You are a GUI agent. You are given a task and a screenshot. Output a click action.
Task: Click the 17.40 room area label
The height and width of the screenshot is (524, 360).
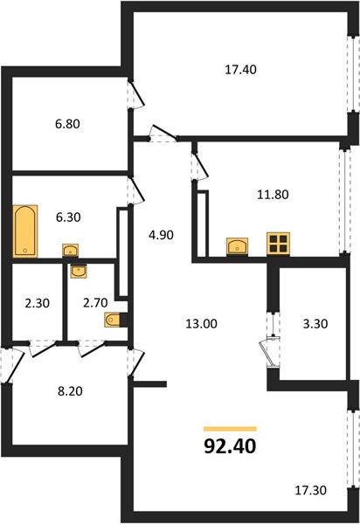pos(240,70)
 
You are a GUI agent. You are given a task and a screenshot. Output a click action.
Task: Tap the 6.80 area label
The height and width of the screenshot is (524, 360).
pos(67,124)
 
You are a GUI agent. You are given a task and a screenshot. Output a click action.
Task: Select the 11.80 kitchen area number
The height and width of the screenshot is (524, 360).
pos(273,194)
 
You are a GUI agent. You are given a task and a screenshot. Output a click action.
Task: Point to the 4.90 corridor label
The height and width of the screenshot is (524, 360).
pos(161,235)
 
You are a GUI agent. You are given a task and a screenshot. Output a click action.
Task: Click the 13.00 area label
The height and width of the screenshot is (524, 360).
pos(201,323)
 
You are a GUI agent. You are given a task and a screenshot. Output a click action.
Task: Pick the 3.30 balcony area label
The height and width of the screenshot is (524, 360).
pos(315,323)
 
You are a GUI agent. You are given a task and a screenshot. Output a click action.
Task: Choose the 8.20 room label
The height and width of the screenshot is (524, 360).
pos(70,390)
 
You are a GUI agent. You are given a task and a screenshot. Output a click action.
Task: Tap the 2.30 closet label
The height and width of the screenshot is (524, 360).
pos(37,303)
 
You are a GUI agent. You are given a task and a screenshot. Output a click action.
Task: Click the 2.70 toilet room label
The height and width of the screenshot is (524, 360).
pos(95,303)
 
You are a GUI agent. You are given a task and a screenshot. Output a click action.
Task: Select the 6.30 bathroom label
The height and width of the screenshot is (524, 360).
pos(68,217)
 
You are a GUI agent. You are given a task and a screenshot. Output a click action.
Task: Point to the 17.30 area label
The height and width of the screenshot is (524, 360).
pos(310,490)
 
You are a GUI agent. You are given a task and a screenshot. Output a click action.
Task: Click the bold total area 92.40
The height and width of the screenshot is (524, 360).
pos(230,445)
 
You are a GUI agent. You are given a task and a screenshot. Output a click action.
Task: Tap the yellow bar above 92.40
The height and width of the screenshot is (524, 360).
pos(230,429)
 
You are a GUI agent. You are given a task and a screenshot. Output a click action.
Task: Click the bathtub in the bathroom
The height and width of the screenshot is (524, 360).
pos(25,231)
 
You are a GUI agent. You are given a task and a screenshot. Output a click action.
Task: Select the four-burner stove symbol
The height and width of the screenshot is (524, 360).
pos(278,244)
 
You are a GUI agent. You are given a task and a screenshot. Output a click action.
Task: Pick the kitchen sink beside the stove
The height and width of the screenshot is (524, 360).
pos(237,246)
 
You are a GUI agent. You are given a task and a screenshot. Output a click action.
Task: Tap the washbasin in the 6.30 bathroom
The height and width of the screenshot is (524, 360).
pos(70,251)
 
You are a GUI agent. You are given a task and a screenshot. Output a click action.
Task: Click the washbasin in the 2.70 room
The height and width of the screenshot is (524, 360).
pos(79,272)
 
